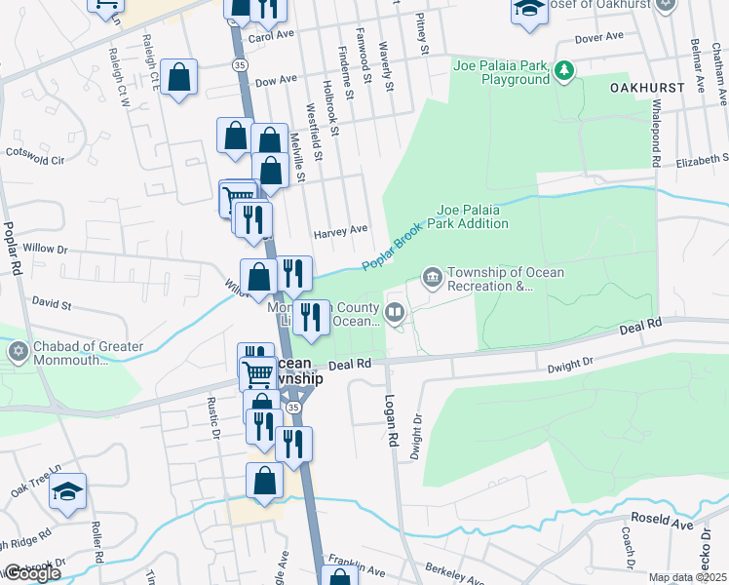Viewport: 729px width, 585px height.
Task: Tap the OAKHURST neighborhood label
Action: point(647,88)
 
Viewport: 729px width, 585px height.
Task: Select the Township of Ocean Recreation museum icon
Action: point(431,279)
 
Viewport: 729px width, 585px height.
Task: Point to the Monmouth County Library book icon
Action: point(395,313)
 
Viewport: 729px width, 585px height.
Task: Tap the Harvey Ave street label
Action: point(340,231)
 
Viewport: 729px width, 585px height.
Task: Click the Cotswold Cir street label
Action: point(35,154)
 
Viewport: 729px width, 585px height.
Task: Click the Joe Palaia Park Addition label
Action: point(473,216)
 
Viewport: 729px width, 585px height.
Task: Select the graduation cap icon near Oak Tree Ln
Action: point(68,491)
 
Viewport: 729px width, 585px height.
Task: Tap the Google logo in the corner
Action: point(30,574)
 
